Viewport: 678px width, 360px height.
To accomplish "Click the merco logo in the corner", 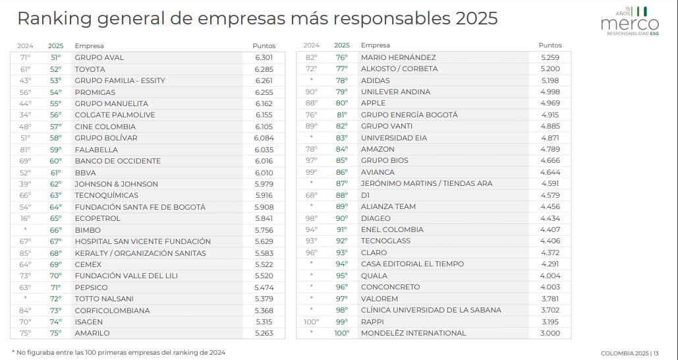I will [x=629, y=21].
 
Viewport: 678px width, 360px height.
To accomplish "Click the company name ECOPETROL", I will [x=98, y=218].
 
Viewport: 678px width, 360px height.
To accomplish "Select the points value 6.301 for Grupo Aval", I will [x=264, y=57].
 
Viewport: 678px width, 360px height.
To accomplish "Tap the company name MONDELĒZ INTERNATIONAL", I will [x=413, y=333].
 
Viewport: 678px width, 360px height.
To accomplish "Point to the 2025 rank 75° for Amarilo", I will [x=55, y=333].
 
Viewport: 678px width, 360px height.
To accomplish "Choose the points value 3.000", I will [x=550, y=333].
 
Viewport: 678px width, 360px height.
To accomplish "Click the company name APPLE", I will [x=373, y=103].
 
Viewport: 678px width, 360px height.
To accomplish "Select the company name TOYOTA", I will [x=90, y=69].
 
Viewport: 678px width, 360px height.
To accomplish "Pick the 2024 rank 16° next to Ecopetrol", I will [x=26, y=218].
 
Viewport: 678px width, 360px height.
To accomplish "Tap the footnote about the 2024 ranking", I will [x=119, y=352].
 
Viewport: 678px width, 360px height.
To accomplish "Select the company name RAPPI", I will [x=372, y=322].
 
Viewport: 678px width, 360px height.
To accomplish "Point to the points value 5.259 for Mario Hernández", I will [x=550, y=57].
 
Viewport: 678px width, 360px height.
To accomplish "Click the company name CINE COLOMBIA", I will [x=105, y=127].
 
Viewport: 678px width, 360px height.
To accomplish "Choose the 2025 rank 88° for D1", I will [x=341, y=195].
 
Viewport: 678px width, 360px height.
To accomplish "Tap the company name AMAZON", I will [x=377, y=149].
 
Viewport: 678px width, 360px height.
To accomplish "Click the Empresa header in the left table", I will [x=88, y=46].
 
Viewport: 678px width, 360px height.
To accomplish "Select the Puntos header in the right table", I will [x=550, y=45].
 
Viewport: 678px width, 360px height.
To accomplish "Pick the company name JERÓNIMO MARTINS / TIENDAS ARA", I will [x=426, y=183].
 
